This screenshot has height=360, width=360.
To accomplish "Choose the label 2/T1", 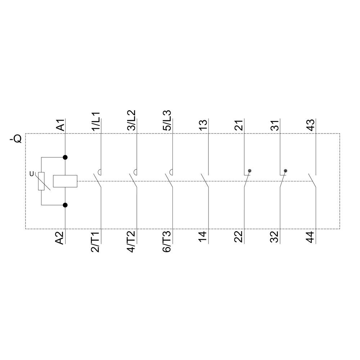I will [x=96, y=242].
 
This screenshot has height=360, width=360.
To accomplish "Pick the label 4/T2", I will [x=132, y=242].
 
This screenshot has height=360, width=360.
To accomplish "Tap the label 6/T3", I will [x=168, y=242].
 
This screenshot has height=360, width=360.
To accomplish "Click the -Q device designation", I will [x=16, y=138].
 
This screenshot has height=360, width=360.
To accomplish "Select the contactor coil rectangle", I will [x=65, y=181].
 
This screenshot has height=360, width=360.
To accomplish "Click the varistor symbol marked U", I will [x=41, y=181].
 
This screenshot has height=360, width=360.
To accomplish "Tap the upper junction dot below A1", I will [x=65, y=157].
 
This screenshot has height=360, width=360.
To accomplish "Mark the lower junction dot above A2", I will [x=65, y=205].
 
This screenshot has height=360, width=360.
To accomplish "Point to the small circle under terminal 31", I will [x=285, y=171].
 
